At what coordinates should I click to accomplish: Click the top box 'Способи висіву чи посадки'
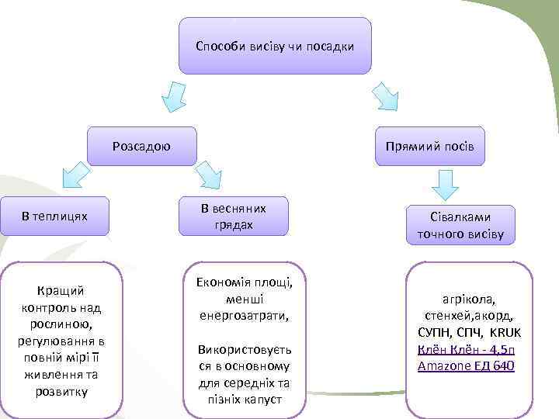(x=275, y=46)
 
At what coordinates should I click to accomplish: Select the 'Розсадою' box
(x=141, y=146)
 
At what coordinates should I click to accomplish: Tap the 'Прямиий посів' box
(x=429, y=147)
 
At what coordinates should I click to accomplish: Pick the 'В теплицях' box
(x=54, y=216)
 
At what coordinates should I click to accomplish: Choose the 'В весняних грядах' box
(x=233, y=216)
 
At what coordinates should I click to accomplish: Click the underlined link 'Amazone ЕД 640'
(x=466, y=365)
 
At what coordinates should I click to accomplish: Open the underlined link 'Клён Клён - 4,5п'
(x=466, y=348)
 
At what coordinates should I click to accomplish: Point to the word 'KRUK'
(x=506, y=332)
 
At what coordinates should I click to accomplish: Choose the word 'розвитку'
(x=61, y=391)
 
